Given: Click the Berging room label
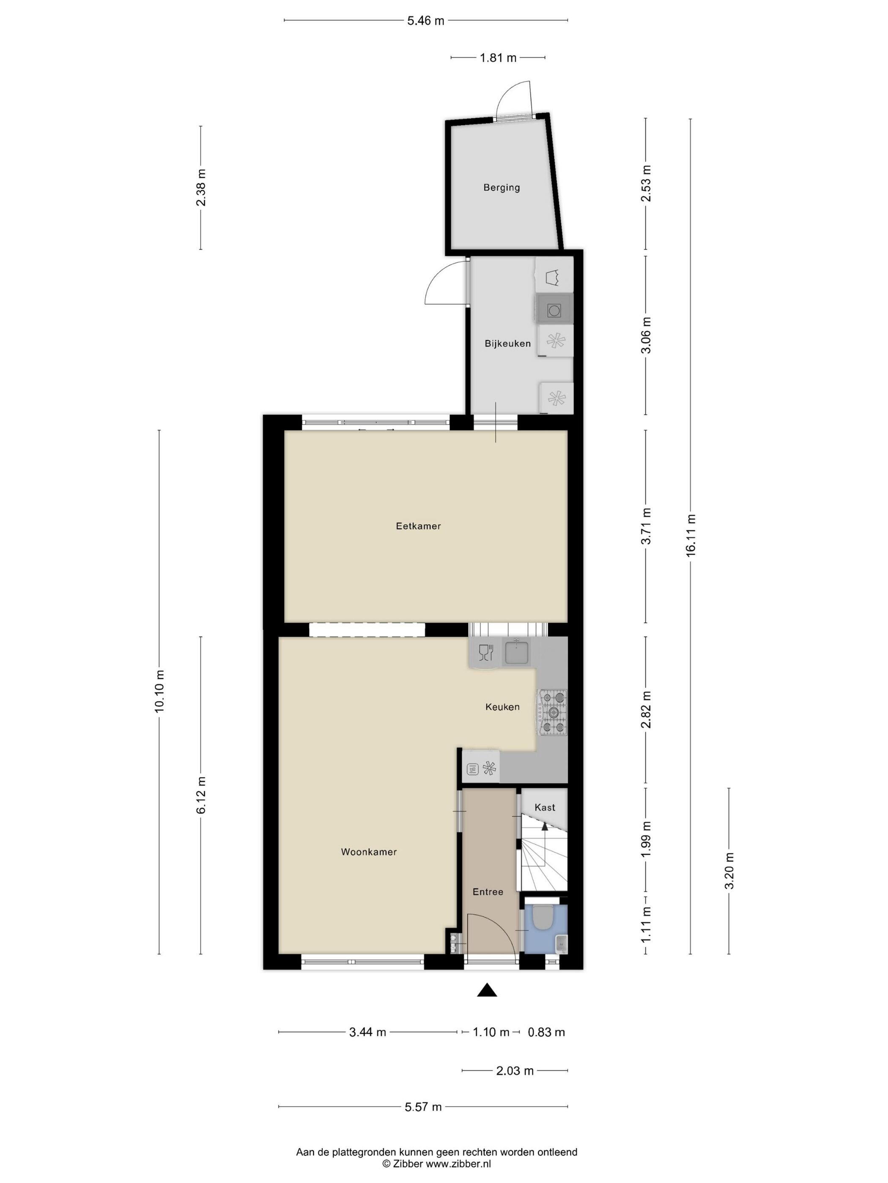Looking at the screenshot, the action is (x=502, y=188).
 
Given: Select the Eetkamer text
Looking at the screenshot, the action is (x=419, y=526).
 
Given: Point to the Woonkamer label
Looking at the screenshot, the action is (x=369, y=853).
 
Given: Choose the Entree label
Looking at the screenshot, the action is (x=488, y=892).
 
